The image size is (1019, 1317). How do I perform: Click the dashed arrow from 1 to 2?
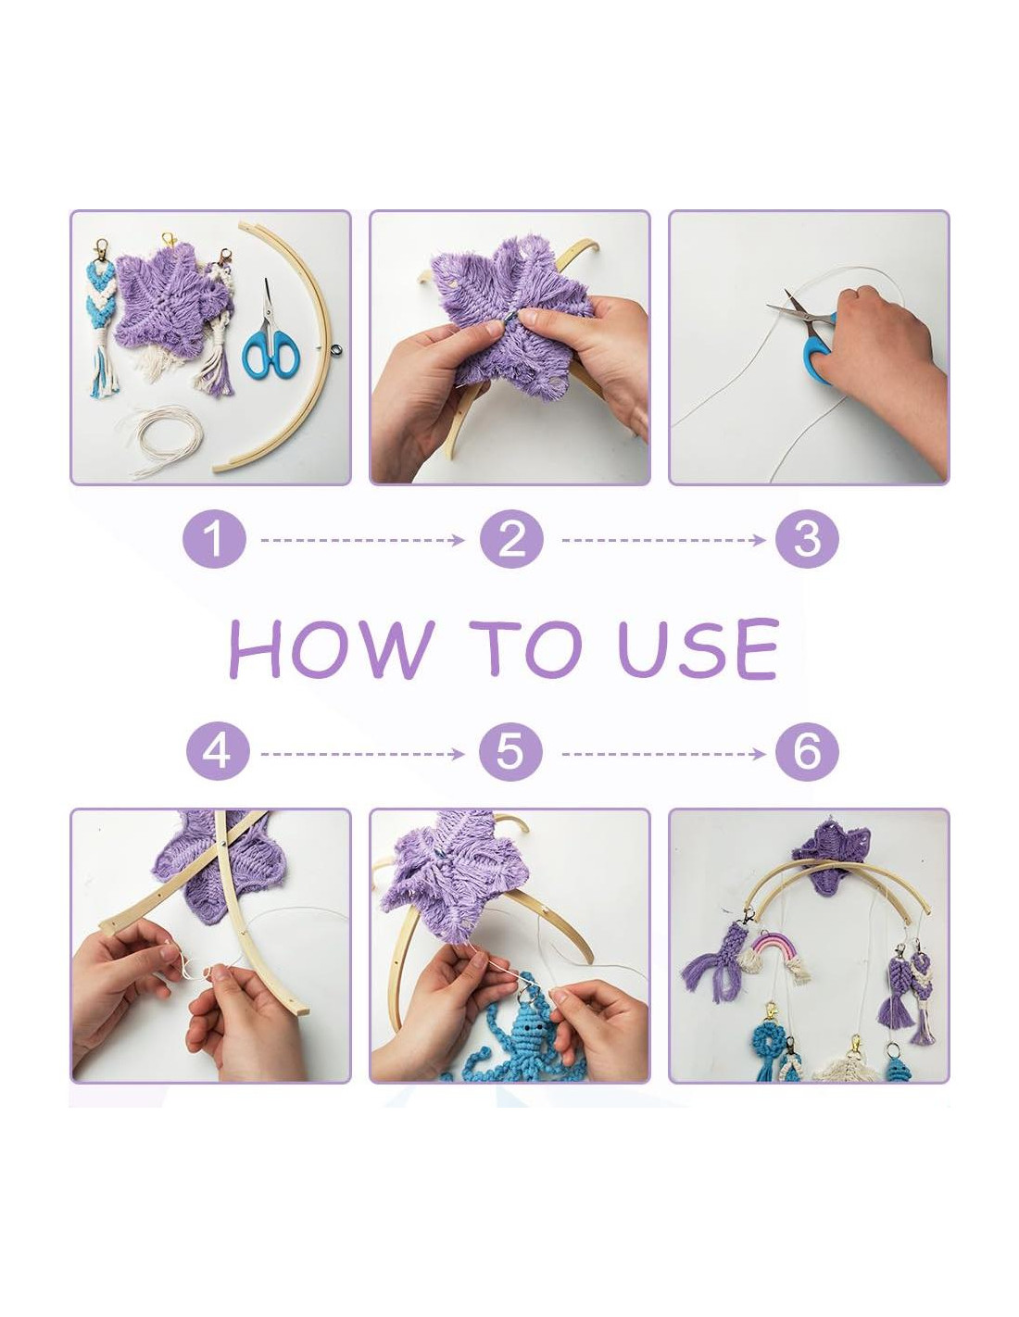[362, 539]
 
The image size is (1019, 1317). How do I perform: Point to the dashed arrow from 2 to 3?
[663, 539]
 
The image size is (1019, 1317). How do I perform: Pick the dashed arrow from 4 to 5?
[362, 754]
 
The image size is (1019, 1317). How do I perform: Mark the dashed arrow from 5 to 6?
[663, 754]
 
